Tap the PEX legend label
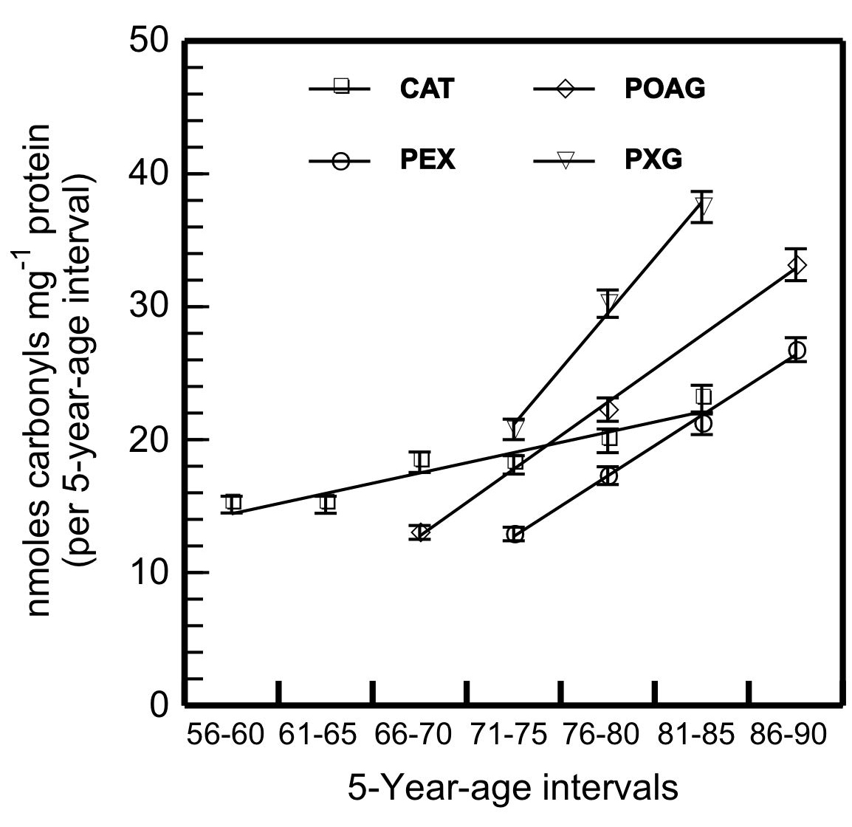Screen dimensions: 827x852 [423, 160]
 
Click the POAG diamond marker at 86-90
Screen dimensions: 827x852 [796, 265]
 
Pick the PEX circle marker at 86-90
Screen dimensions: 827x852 [796, 350]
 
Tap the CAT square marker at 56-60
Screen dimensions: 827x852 [233, 504]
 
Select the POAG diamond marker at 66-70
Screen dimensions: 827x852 [421, 532]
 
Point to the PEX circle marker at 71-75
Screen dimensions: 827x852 [515, 535]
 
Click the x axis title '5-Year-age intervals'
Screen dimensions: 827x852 [512, 788]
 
